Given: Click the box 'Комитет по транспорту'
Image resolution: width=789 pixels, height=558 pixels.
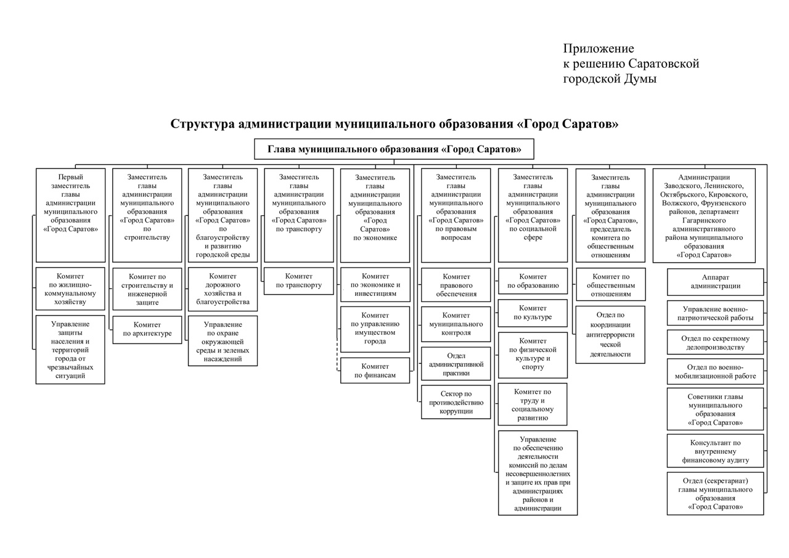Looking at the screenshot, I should (299, 281).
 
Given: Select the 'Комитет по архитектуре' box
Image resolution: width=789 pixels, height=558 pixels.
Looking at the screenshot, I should (147, 329).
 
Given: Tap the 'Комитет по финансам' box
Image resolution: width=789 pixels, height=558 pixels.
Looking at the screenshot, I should (375, 371).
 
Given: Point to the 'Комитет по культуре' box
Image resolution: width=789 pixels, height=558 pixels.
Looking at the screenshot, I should (533, 313).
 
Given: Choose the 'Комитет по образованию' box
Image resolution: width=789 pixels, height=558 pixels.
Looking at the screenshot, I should (533, 281).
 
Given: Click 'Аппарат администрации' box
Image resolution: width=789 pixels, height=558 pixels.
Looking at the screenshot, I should (715, 282).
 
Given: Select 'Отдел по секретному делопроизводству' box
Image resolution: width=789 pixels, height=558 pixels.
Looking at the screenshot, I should (715, 343).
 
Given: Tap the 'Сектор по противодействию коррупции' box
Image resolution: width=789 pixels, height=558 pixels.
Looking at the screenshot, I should (456, 402).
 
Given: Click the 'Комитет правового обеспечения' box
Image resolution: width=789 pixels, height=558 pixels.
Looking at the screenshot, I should (456, 285).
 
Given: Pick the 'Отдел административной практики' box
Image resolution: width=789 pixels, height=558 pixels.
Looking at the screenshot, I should (456, 364).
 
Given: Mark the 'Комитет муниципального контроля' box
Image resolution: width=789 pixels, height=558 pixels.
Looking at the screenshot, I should (456, 324).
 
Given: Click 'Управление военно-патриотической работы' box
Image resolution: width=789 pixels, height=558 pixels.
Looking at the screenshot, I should (715, 313).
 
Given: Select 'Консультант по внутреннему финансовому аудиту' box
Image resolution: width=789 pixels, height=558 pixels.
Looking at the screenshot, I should (715, 451).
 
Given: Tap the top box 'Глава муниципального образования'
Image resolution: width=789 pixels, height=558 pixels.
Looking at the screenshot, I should (394, 149).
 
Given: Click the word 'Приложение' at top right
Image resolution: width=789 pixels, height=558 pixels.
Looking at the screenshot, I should (598, 49).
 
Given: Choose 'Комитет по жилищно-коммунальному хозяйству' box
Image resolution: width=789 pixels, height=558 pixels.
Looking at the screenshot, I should (70, 289).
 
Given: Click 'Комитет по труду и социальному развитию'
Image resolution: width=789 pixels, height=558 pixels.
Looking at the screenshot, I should (533, 404).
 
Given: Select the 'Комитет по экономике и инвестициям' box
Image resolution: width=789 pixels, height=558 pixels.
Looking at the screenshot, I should (375, 285).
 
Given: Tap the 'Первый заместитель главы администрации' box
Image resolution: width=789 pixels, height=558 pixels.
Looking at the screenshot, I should (70, 215).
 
